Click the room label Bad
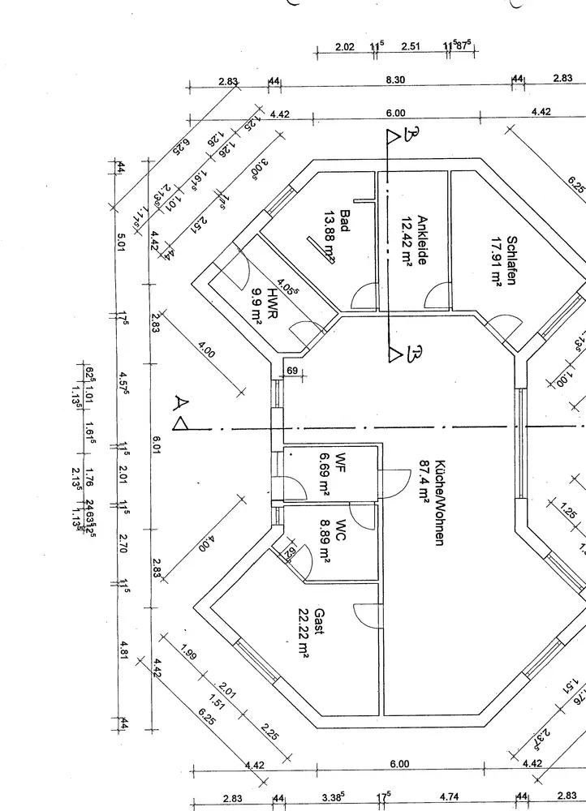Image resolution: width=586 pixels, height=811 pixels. (345, 221)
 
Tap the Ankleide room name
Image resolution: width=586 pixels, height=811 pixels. (422, 240)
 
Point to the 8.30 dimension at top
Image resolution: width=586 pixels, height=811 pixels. (395, 79)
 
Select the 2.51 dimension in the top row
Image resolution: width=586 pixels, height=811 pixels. (410, 47)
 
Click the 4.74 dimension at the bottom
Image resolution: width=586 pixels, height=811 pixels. (449, 798)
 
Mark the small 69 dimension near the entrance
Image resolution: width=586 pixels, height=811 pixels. (292, 371)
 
